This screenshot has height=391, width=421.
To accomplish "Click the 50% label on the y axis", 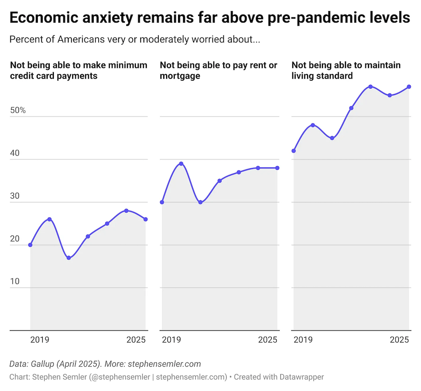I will pos(18,110).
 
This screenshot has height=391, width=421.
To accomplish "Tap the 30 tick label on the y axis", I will pos(15,196).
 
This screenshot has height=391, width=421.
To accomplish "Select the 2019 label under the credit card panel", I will pos(40,340).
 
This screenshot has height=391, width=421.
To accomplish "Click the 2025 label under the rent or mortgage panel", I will pos(268,340).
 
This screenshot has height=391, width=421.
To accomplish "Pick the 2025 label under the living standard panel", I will pos(399,340).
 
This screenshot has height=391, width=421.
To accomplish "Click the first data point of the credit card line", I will pos(30,245).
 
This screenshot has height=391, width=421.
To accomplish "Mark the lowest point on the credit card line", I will pos(69,258).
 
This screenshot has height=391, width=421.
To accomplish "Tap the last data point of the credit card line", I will pos(146,219).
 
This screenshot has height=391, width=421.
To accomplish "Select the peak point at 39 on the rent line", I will pos(181,164).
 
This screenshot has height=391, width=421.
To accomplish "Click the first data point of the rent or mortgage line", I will pos(162,202).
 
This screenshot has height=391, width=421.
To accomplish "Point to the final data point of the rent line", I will pos(277,168).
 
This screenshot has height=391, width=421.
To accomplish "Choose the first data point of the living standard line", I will pos(294,151).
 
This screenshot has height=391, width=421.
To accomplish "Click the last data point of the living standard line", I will pos(409,87).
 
